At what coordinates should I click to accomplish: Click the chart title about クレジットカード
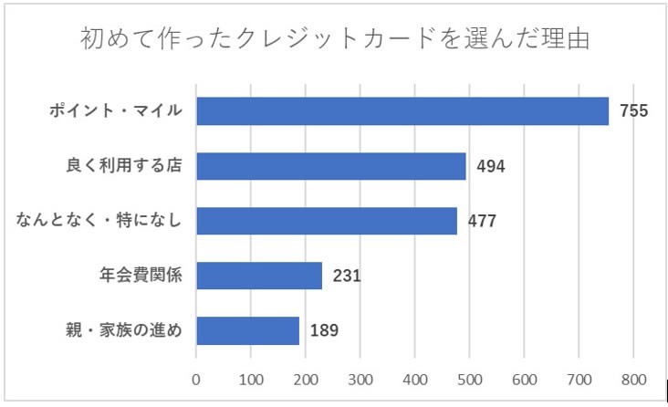334,40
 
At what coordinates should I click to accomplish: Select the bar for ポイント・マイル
402,110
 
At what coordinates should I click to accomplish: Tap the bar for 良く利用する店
331,166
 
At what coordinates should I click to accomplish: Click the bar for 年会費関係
259,276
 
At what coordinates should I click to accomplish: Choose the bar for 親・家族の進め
247,330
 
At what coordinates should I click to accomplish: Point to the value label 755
633,111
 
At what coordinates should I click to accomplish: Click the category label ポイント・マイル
116,111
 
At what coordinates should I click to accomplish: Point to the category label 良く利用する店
125,166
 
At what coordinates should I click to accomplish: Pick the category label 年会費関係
141,276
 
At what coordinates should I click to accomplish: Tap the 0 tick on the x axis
196,377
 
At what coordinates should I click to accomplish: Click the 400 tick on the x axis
415,377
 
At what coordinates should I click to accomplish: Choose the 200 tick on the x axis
306,377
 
